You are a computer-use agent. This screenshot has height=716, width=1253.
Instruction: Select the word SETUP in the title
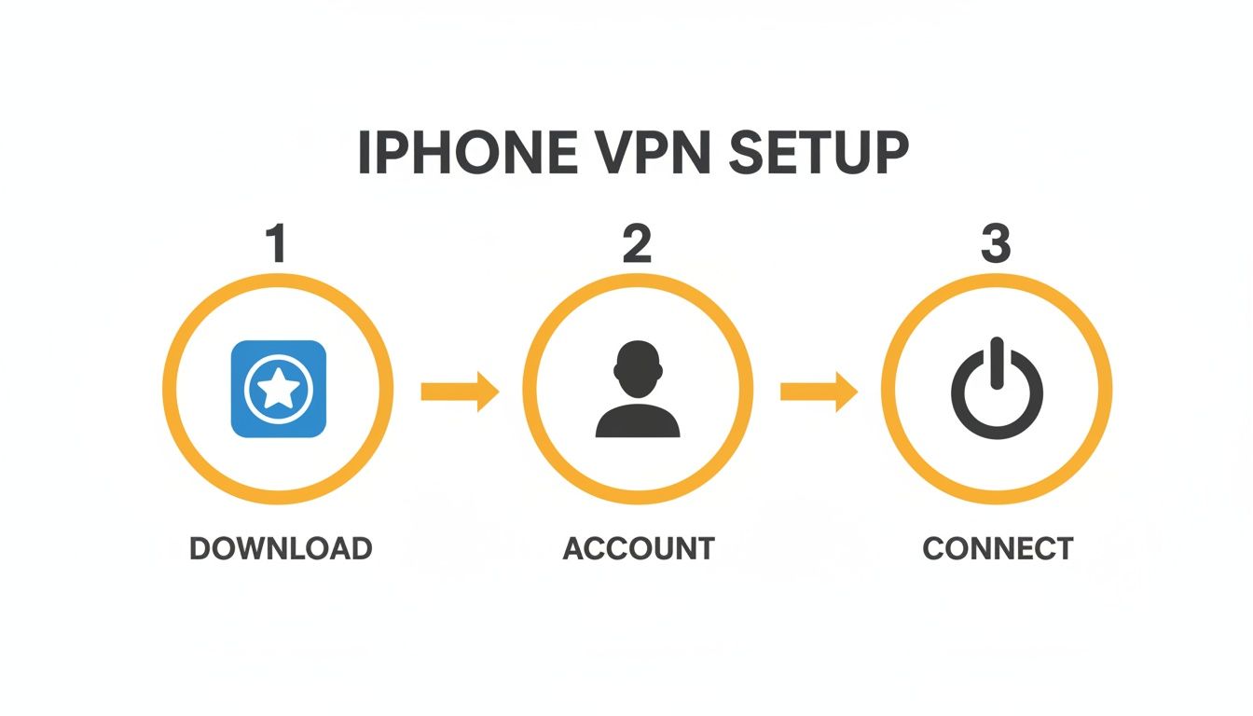818,154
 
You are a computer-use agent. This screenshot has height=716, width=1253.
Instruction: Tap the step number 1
275,243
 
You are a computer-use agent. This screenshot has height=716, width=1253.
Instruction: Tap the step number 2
636,243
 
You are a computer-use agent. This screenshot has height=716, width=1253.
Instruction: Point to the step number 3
995,243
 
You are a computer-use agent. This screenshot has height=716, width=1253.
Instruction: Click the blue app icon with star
278,389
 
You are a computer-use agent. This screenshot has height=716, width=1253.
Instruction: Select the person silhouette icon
638,389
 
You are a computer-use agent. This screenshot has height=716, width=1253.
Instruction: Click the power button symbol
997,389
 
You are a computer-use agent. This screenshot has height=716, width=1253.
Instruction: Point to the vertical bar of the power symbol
997,362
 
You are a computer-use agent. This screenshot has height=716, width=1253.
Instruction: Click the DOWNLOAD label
281,548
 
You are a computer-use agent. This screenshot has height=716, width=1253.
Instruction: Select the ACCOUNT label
639,548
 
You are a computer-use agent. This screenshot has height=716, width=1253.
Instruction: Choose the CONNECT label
998,548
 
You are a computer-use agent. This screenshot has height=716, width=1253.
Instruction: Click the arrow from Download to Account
460,391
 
